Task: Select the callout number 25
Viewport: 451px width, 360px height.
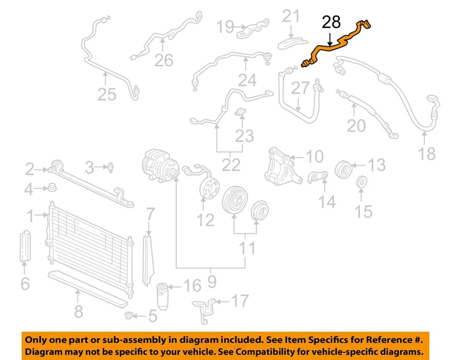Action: point(106,94)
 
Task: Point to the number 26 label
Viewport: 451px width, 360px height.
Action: point(163,61)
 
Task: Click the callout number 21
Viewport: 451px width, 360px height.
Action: point(291,15)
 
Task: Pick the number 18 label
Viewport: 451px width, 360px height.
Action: point(427,154)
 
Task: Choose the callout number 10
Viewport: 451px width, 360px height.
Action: point(314,156)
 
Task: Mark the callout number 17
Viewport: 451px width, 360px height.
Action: point(240,302)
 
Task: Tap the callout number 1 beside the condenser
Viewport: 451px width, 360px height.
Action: point(30,214)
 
